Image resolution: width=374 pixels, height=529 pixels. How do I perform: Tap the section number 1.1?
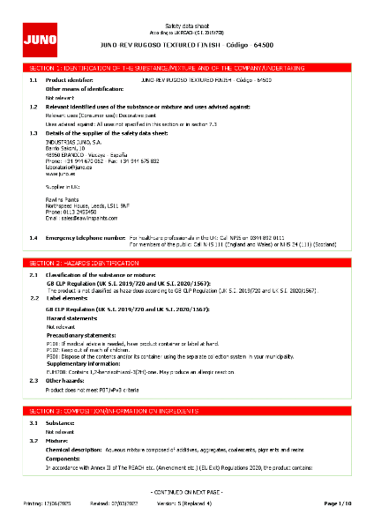33,78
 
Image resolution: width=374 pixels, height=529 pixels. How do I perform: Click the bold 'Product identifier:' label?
68,78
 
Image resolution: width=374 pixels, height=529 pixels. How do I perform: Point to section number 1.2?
33,106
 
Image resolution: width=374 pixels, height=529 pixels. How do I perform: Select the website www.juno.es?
59,175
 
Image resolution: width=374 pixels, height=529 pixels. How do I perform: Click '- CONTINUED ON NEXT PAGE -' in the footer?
187,490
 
